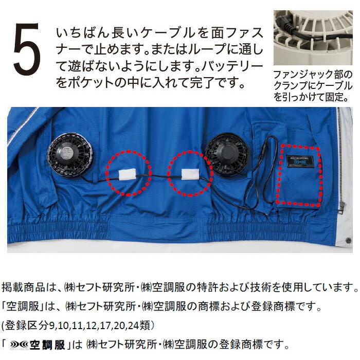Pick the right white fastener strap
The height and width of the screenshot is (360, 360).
point(190,173)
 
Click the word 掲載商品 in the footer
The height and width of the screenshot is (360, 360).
point(23,287)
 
